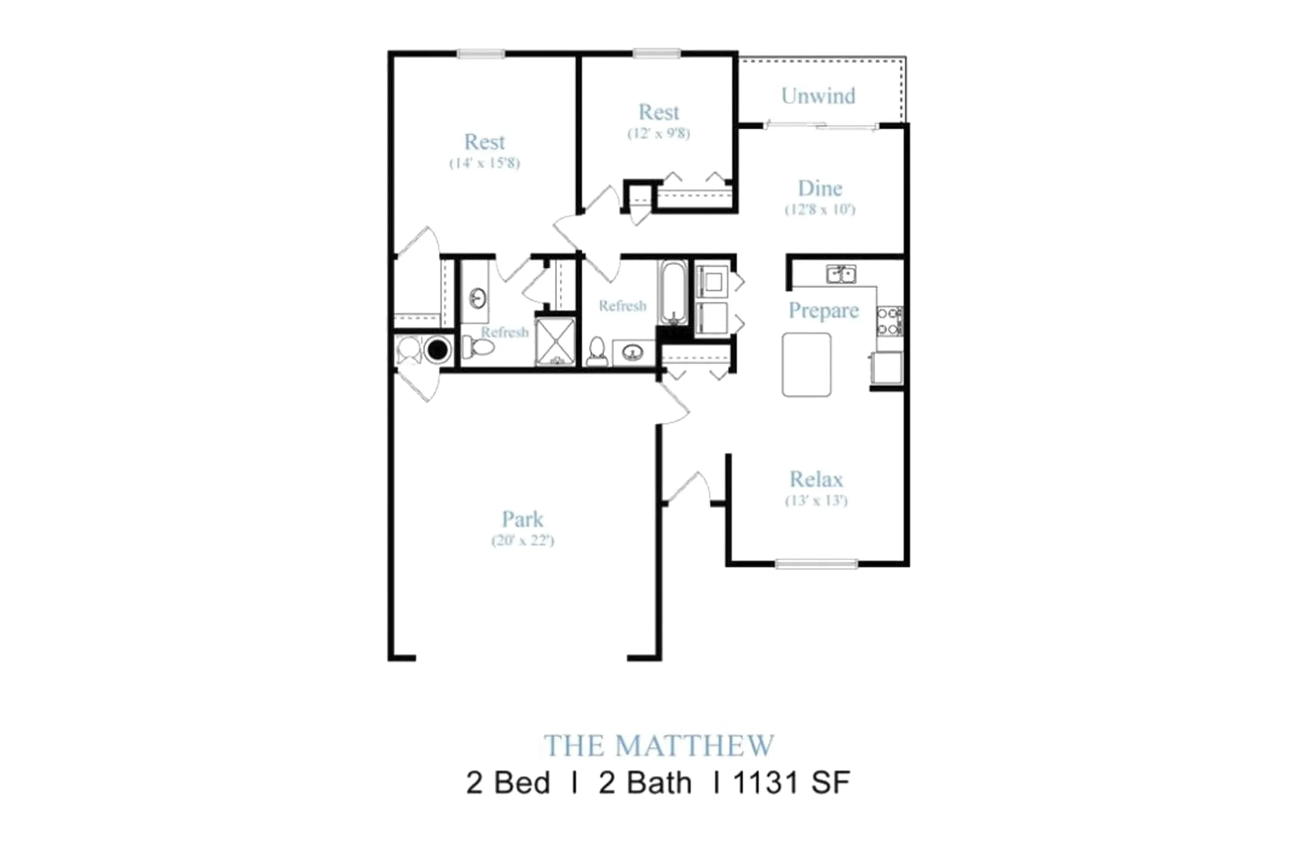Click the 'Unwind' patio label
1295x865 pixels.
point(818,96)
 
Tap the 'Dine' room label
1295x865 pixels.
point(820,189)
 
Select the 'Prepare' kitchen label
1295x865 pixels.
point(823,310)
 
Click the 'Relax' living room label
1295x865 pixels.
point(816,479)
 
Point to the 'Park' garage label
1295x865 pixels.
point(522,519)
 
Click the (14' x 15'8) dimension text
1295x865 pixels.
point(484,163)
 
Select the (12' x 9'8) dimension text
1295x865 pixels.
point(658,134)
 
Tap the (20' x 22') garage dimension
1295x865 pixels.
point(522,541)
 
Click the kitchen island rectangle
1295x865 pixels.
point(806,364)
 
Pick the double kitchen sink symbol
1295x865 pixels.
point(841,274)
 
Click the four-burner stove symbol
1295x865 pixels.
point(889,321)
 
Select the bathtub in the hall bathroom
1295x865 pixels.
point(673,293)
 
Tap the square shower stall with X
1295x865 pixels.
point(555,342)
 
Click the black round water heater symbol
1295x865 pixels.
point(438,349)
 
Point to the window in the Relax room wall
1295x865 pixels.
point(816,564)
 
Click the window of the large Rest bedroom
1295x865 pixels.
point(480,54)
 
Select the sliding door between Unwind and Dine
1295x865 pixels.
point(822,127)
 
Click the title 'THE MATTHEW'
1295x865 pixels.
point(658,746)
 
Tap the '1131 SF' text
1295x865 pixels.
point(791,783)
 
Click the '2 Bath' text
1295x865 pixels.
point(644,783)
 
